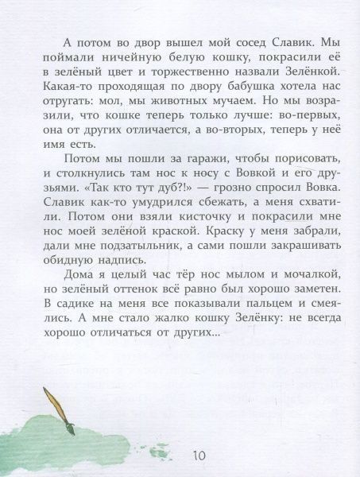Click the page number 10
point(198,455)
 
